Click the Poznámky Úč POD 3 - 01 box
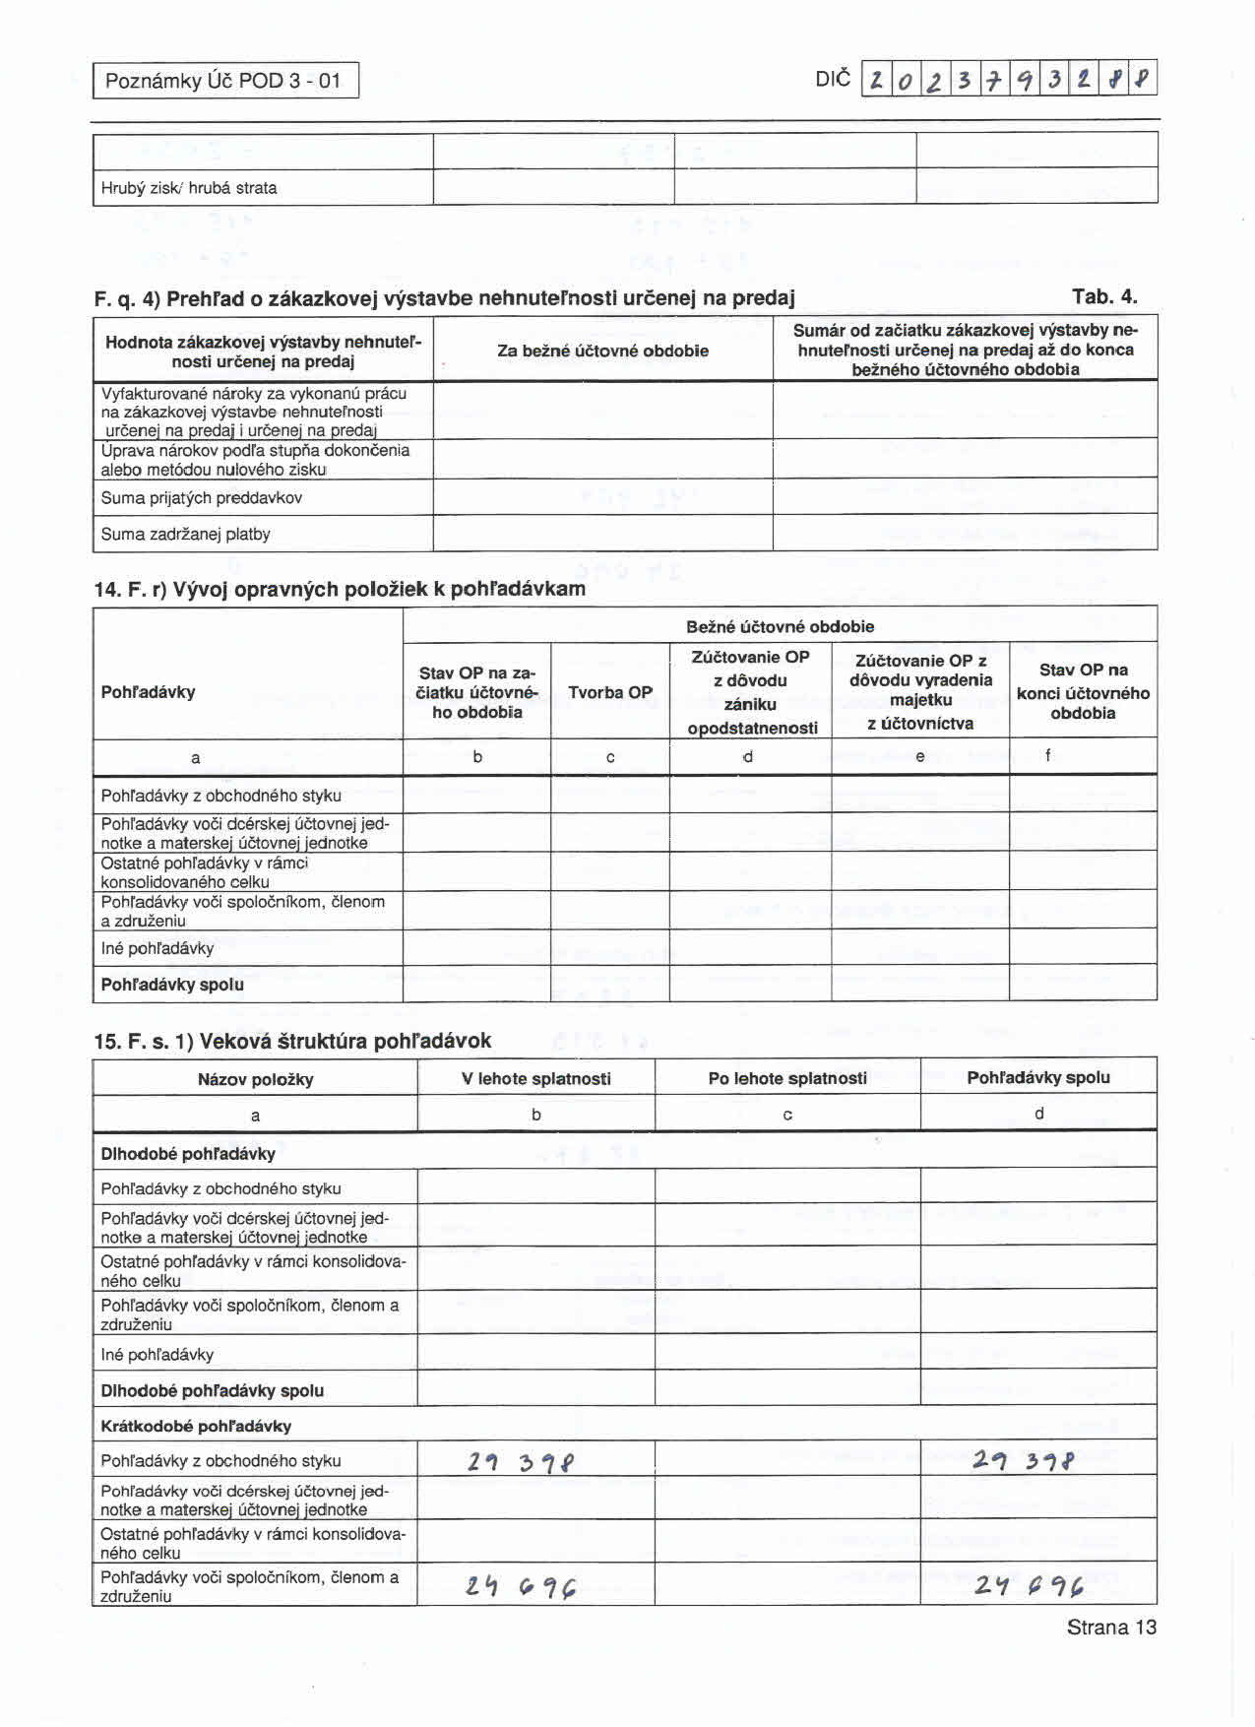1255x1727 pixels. click(x=225, y=81)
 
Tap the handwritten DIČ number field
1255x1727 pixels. click(x=1008, y=79)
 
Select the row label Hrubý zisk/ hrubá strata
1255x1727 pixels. click(x=189, y=188)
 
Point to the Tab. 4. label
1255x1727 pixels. click(x=1104, y=297)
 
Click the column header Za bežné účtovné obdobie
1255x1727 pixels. click(x=602, y=351)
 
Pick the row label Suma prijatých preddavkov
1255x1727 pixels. click(x=202, y=498)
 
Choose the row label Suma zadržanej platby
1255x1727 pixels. click(x=186, y=535)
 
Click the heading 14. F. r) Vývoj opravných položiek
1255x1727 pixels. click(x=340, y=589)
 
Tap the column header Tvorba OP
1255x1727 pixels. click(x=610, y=692)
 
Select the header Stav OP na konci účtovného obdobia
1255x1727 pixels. click(x=1083, y=691)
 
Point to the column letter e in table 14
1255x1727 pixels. click(x=920, y=756)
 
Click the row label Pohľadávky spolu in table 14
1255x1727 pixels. click(x=172, y=985)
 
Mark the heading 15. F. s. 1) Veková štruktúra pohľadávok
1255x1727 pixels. click(x=292, y=1041)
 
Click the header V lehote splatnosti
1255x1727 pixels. click(x=536, y=1079)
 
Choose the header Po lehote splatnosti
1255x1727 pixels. click(x=787, y=1078)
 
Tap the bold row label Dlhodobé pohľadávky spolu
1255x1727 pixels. click(x=212, y=1390)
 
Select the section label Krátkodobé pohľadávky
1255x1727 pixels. click(x=196, y=1426)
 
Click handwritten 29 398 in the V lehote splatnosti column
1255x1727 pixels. click(x=522, y=1463)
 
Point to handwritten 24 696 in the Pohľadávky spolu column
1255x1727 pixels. click(x=1030, y=1584)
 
